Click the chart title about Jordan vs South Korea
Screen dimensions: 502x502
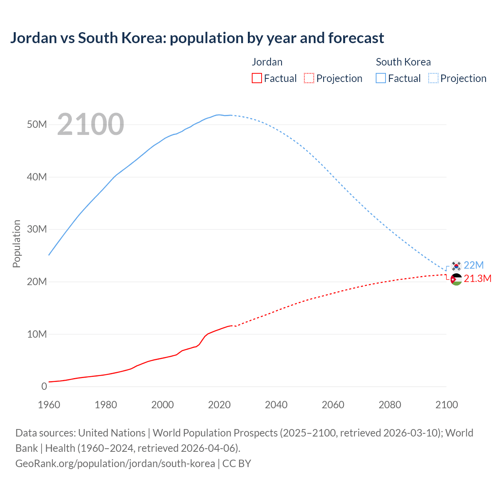[197, 38]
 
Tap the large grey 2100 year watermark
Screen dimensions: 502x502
[91, 124]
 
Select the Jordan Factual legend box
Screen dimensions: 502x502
[257, 78]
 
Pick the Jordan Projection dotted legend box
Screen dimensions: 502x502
[309, 78]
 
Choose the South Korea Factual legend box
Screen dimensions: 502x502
[381, 78]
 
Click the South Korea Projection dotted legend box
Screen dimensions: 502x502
[433, 78]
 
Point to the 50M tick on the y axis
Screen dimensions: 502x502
[37, 125]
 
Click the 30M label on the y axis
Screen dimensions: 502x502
[37, 229]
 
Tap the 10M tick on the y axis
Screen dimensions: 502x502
[37, 334]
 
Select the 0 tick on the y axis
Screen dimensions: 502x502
[44, 386]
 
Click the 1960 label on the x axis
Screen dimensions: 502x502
[49, 405]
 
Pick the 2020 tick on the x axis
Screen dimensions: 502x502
[219, 405]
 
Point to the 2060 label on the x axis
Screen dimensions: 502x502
[333, 405]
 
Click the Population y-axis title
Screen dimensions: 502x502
[16, 244]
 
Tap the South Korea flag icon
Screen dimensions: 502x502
[456, 266]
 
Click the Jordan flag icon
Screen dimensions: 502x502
[456, 279]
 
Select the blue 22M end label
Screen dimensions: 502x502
[474, 265]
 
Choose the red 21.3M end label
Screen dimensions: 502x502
[477, 278]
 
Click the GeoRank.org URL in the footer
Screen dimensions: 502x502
[115, 464]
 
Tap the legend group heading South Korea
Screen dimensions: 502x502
[403, 62]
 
